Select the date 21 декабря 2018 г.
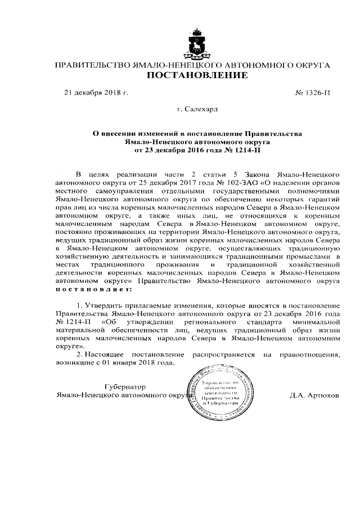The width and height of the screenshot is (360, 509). click(x=97, y=92)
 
